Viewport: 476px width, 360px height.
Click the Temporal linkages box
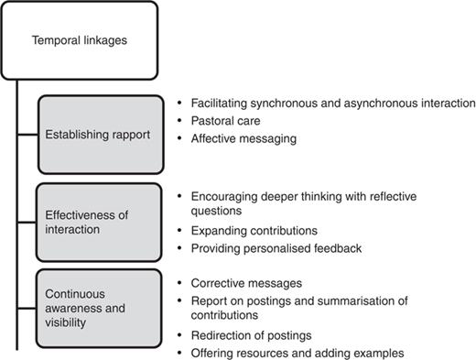[80, 40]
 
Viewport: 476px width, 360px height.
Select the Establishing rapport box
[101, 135]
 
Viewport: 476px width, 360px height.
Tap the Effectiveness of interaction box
[99, 223]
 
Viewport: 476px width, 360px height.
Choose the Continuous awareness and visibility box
[99, 309]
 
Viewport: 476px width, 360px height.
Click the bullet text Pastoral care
[225, 121]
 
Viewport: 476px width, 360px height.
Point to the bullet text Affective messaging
[243, 138]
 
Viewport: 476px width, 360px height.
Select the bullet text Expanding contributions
[254, 231]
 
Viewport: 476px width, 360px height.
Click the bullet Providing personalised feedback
[276, 248]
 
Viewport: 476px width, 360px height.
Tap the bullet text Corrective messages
[246, 283]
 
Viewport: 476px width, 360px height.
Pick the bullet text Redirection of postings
[251, 335]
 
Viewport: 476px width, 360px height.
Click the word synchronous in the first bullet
[283, 104]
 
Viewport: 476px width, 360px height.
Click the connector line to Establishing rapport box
[27, 135]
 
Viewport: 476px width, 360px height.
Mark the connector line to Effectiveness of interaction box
[27, 223]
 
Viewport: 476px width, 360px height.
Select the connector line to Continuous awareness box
[27, 309]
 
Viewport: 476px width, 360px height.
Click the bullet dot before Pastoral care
[179, 121]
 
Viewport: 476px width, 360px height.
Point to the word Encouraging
[224, 197]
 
